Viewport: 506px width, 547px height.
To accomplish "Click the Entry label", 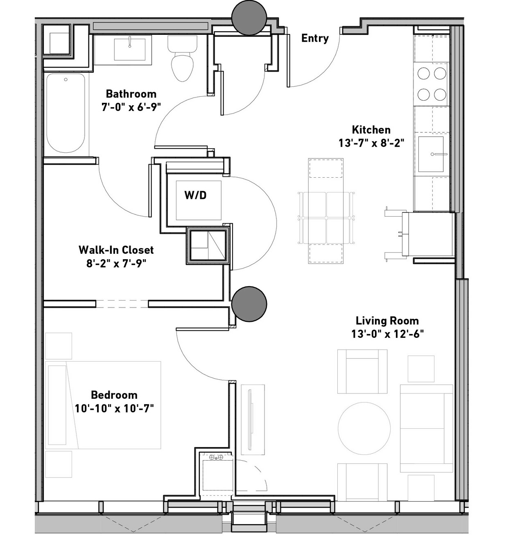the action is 315,38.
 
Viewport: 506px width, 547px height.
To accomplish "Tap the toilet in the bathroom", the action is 182,59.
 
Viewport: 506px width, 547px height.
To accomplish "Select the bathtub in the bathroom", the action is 66,113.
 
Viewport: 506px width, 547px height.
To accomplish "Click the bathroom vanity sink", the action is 130,50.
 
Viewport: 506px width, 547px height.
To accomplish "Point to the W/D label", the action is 196,195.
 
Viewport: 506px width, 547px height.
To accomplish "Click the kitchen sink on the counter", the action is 431,154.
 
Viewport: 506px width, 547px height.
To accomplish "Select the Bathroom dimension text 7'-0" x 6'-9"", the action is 131,107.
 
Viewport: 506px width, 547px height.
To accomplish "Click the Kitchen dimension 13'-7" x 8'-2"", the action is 371,143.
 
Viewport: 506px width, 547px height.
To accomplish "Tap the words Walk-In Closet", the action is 116,250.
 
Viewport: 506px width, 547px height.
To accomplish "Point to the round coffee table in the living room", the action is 364,429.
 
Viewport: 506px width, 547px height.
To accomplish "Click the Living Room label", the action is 387,321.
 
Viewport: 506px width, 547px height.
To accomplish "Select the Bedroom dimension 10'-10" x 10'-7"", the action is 114,409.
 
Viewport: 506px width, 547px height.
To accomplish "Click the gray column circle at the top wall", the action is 249,18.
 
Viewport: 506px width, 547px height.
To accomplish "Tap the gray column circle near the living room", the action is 249,304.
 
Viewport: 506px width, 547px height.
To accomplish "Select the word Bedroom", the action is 114,395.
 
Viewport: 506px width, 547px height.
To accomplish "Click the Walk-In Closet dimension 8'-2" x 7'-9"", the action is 116,264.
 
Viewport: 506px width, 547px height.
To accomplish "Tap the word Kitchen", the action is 371,129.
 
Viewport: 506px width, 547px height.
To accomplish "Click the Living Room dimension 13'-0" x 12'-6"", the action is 387,334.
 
